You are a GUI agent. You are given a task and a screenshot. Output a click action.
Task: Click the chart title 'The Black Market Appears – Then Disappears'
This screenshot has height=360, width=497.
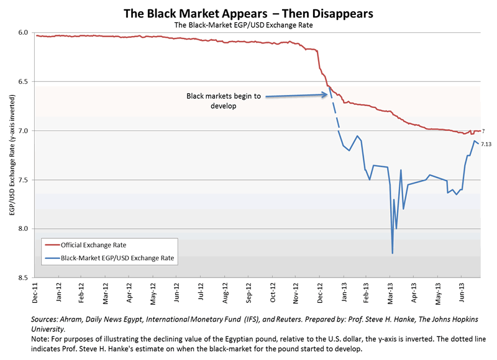click(248, 12)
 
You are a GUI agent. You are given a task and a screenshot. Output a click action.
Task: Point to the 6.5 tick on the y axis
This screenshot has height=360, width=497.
click(23, 81)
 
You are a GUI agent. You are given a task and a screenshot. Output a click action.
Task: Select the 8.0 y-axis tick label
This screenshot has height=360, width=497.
click(23, 229)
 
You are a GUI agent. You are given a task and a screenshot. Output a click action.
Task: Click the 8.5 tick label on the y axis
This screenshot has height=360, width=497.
click(23, 278)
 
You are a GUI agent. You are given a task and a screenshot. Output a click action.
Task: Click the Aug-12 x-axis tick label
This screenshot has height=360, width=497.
click(223, 292)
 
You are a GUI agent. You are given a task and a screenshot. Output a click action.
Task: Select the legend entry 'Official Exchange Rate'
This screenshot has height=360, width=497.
click(94, 244)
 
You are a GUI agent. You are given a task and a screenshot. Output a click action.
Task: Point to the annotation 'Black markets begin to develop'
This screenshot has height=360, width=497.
click(224, 101)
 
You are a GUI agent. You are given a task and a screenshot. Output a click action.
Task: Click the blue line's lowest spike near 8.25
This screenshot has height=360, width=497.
click(392, 253)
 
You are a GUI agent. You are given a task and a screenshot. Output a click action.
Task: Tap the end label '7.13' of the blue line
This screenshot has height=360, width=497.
click(486, 145)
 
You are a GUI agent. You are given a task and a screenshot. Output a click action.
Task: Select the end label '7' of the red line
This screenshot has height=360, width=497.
click(483, 131)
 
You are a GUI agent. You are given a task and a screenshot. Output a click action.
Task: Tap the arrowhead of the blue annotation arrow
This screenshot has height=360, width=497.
click(327, 95)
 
